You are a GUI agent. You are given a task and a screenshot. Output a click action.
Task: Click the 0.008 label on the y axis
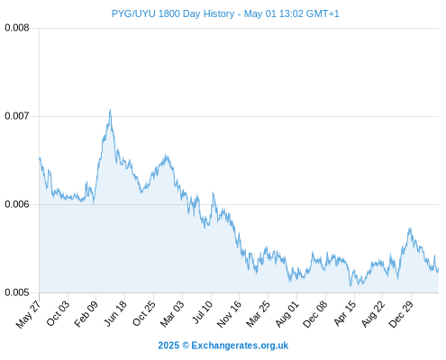17,28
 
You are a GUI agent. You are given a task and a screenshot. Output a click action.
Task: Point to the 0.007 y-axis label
17,116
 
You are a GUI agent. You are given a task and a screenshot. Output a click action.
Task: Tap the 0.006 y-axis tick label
17,204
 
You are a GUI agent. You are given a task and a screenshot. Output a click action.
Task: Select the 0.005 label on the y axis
17,292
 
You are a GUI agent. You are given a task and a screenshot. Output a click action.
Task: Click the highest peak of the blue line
110,110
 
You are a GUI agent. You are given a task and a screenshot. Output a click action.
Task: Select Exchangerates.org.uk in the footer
240,346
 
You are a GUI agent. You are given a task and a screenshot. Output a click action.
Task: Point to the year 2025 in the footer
168,346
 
